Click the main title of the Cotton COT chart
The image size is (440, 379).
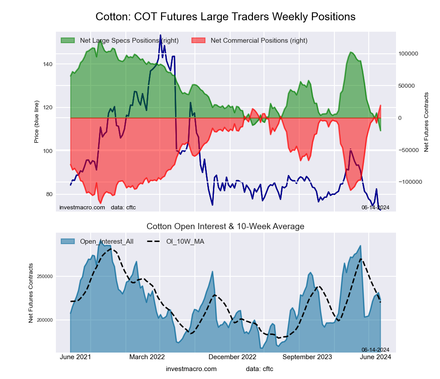[225, 17]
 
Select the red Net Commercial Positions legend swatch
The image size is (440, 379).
[198, 41]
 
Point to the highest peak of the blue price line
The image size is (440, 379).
[160, 35]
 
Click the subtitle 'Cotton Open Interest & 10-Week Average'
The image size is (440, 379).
[225, 227]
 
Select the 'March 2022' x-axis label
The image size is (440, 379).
[147, 357]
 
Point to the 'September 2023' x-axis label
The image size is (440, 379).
[307, 357]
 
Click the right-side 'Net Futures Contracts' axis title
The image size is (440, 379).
[426, 122]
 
